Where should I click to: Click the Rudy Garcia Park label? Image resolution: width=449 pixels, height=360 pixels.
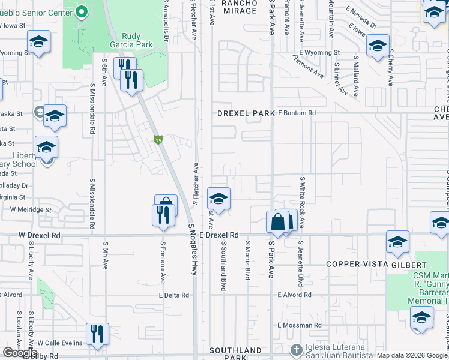pyautogui.click(x=131, y=40)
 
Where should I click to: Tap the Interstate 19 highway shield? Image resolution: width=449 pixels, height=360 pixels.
pyautogui.click(x=157, y=139)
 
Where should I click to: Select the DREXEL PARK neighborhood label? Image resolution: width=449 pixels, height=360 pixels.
pyautogui.click(x=241, y=113)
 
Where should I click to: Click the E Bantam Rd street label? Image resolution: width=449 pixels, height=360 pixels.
pyautogui.click(x=297, y=113)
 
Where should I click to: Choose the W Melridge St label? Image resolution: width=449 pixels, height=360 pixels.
pyautogui.click(x=30, y=209)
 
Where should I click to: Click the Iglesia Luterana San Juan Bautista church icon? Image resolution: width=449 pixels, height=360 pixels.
pyautogui.click(x=295, y=349)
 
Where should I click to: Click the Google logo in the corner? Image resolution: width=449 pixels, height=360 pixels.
pyautogui.click(x=20, y=353)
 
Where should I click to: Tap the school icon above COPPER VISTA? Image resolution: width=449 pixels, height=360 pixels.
pyautogui.click(x=397, y=242)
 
